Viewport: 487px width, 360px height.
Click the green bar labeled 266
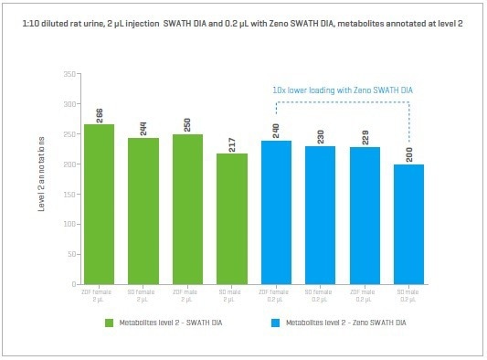99,205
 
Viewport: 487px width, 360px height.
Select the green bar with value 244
143,211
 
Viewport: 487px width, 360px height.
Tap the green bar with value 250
188,209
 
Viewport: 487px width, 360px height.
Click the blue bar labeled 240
277,213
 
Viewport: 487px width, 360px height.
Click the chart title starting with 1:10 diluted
243,21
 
